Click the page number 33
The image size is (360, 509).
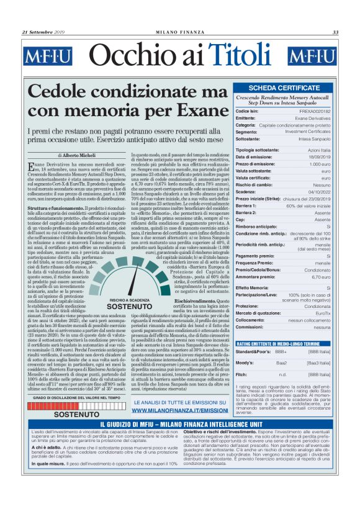pos(335,32)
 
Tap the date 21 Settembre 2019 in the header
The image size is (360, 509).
pos(44,32)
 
